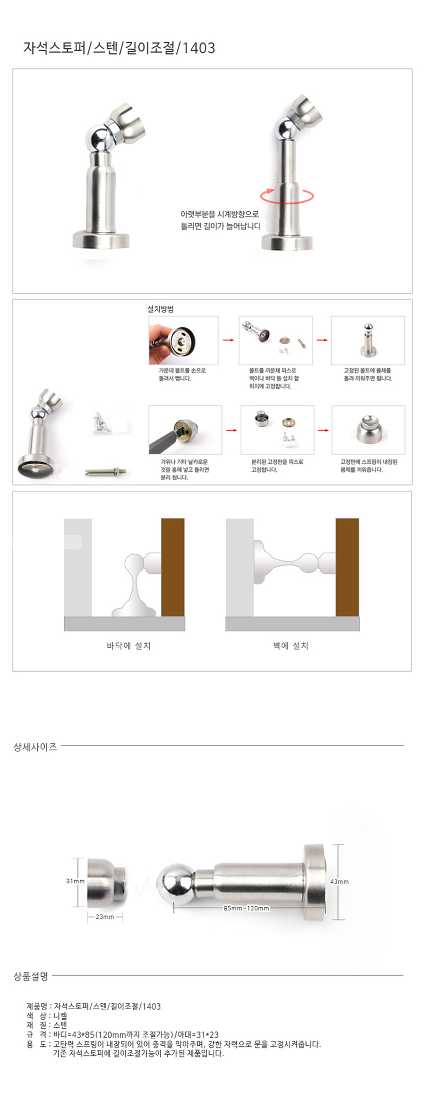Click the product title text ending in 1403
coord(119,48)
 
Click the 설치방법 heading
coord(160,309)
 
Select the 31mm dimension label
coord(75,881)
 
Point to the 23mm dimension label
coord(105,916)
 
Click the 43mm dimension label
coord(339,881)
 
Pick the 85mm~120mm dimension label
coord(246,908)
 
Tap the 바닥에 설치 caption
coord(129,646)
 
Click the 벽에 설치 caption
coord(291,646)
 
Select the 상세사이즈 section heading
coord(35,746)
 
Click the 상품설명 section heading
coord(31,976)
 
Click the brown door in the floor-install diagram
coord(173,567)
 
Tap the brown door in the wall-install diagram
coord(347,567)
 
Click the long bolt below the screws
coord(106,471)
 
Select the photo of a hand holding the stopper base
coord(183,340)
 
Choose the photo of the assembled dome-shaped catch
coord(368,430)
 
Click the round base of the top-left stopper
coord(101,240)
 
